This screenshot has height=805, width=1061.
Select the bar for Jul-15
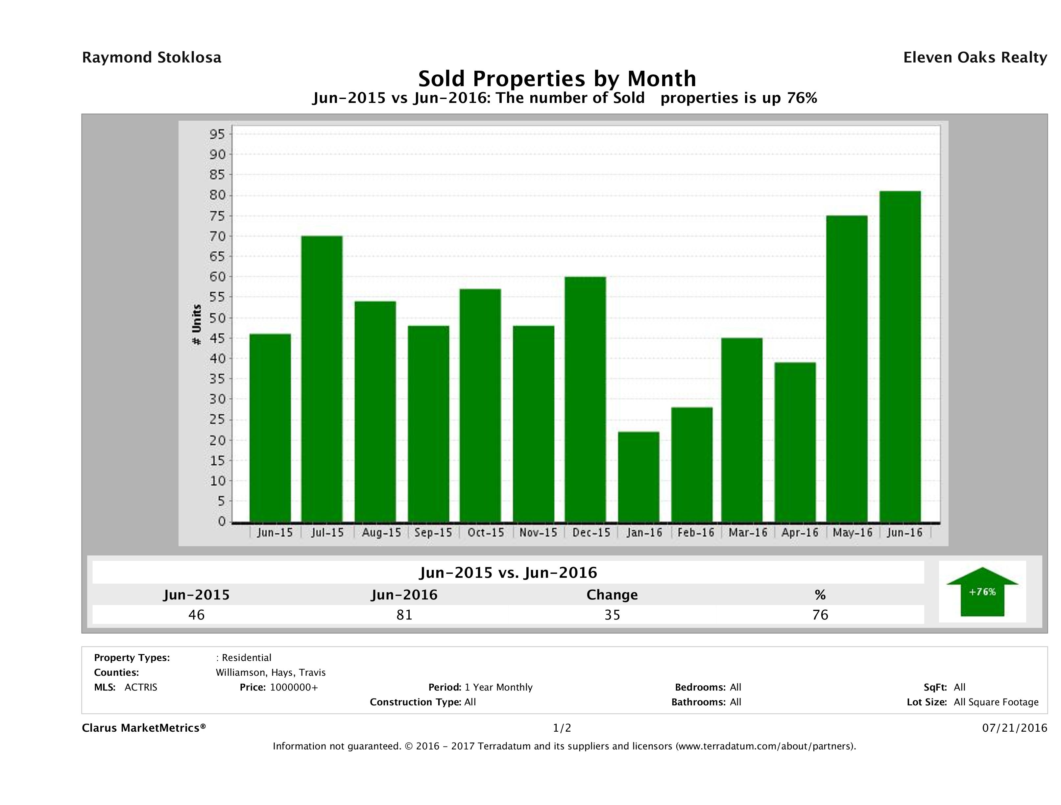pyautogui.click(x=322, y=379)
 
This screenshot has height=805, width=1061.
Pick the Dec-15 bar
pyautogui.click(x=585, y=399)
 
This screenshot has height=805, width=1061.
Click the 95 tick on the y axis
pyautogui.click(x=217, y=134)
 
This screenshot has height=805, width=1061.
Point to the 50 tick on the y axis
pyautogui.click(x=217, y=318)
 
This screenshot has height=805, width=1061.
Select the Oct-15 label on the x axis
pyautogui.click(x=486, y=532)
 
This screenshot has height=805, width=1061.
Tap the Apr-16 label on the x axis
pyautogui.click(x=800, y=532)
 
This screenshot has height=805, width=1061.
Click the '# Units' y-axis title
pyautogui.click(x=197, y=325)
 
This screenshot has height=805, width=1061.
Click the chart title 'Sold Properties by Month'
pyautogui.click(x=557, y=78)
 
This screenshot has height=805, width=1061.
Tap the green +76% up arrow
pyautogui.click(x=982, y=592)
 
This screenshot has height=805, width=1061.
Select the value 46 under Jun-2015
pyautogui.click(x=197, y=615)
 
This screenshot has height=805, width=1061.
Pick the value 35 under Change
pyautogui.click(x=612, y=615)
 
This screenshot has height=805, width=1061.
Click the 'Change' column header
pyautogui.click(x=612, y=595)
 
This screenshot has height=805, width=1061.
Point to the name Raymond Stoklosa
pyautogui.click(x=152, y=58)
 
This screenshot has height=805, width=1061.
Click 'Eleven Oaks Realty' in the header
pyautogui.click(x=975, y=58)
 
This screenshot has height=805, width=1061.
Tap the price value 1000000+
pyautogui.click(x=294, y=687)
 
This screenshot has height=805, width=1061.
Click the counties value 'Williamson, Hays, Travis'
pyautogui.click(x=271, y=672)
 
